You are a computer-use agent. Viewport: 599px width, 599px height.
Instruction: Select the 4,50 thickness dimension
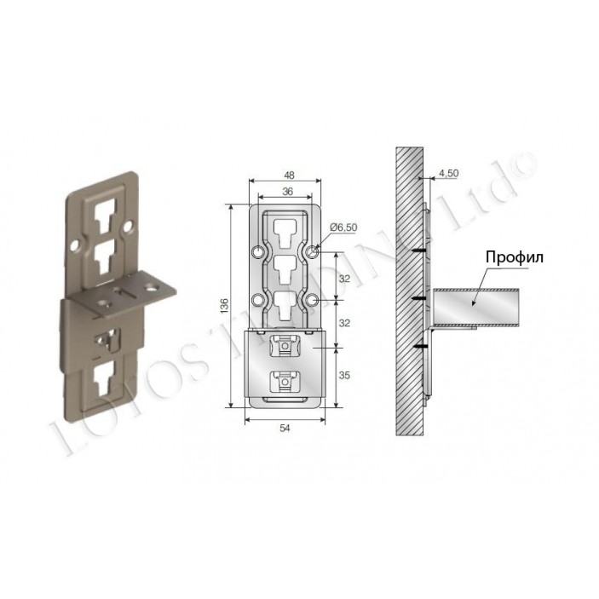[449, 173]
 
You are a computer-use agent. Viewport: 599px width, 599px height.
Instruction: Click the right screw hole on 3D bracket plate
[130, 229]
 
